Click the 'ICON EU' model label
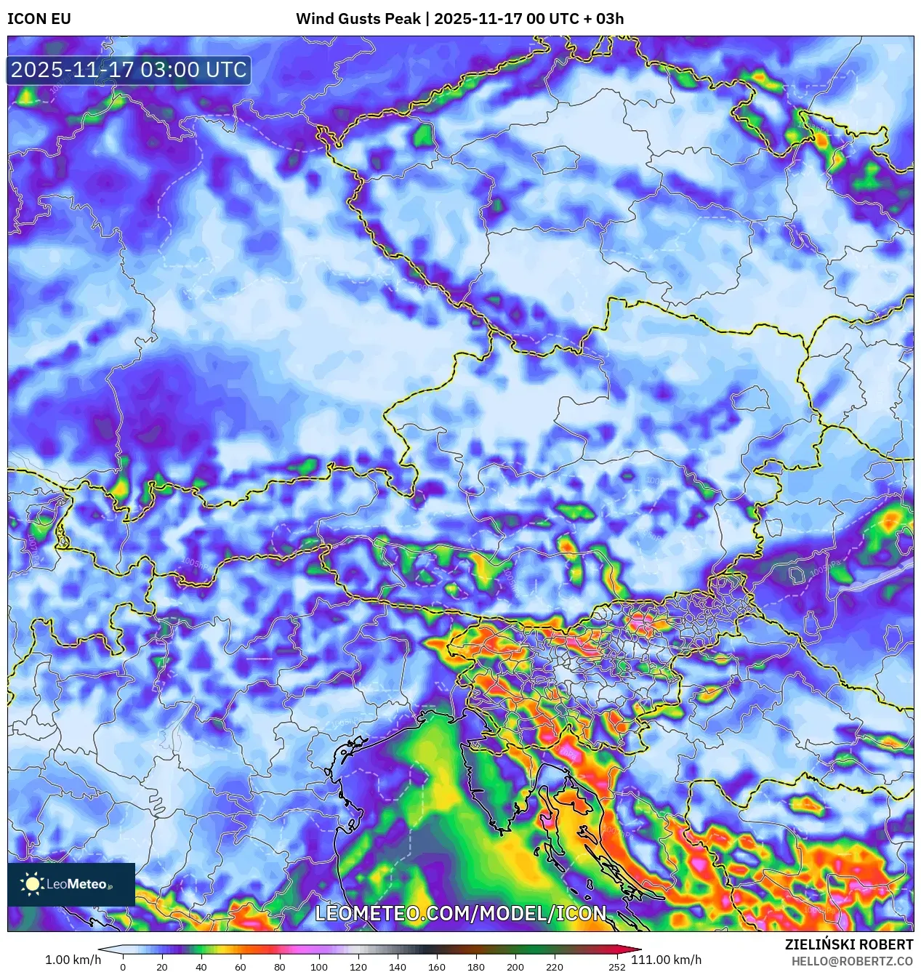(x=39, y=19)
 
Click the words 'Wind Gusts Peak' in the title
(x=358, y=19)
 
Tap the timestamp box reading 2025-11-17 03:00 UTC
(x=129, y=70)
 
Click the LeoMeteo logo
(x=71, y=884)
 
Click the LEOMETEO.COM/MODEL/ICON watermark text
(x=460, y=913)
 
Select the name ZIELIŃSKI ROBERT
(x=848, y=944)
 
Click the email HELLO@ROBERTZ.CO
(x=852, y=960)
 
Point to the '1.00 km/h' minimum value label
(x=73, y=960)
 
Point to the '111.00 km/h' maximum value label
(x=666, y=960)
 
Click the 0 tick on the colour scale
(x=123, y=967)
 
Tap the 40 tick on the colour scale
(x=201, y=967)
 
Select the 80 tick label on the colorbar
(x=280, y=967)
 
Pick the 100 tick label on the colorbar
(x=319, y=967)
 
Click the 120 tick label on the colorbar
(x=358, y=967)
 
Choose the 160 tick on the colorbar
(x=437, y=967)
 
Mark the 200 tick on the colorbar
(x=515, y=967)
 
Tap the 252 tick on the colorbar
(x=617, y=967)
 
